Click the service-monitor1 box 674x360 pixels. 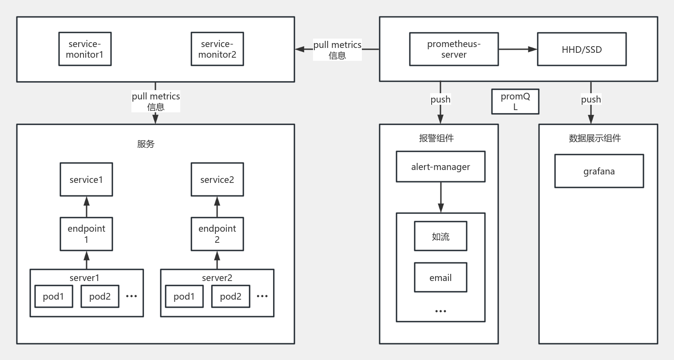pyautogui.click(x=85, y=49)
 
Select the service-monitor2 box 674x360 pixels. pyautogui.click(x=217, y=49)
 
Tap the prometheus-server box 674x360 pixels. pyautogui.click(x=454, y=49)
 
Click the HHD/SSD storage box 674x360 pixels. pyautogui.click(x=582, y=49)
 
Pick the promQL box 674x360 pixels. pyautogui.click(x=515, y=102)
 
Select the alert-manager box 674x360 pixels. pyautogui.click(x=440, y=166)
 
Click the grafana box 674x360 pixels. pyautogui.click(x=599, y=171)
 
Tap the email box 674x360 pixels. pyautogui.click(x=440, y=277)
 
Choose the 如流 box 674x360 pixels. pyautogui.click(x=440, y=236)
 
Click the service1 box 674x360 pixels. pyautogui.click(x=86, y=179)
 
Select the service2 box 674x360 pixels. pyautogui.click(x=217, y=179)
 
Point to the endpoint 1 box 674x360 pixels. pyautogui.click(x=86, y=234)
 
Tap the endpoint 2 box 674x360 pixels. pyautogui.click(x=217, y=234)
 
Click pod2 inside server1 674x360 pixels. pyautogui.click(x=100, y=297)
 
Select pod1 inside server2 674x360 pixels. pyautogui.click(x=184, y=297)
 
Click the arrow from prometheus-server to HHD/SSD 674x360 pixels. pyautogui.click(x=518, y=49)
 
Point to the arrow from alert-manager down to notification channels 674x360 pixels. pyautogui.click(x=440, y=197)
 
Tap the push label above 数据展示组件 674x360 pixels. pyautogui.click(x=591, y=99)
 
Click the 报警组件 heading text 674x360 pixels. pyautogui.click(x=436, y=138)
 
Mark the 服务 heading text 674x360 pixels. pyautogui.click(x=146, y=144)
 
